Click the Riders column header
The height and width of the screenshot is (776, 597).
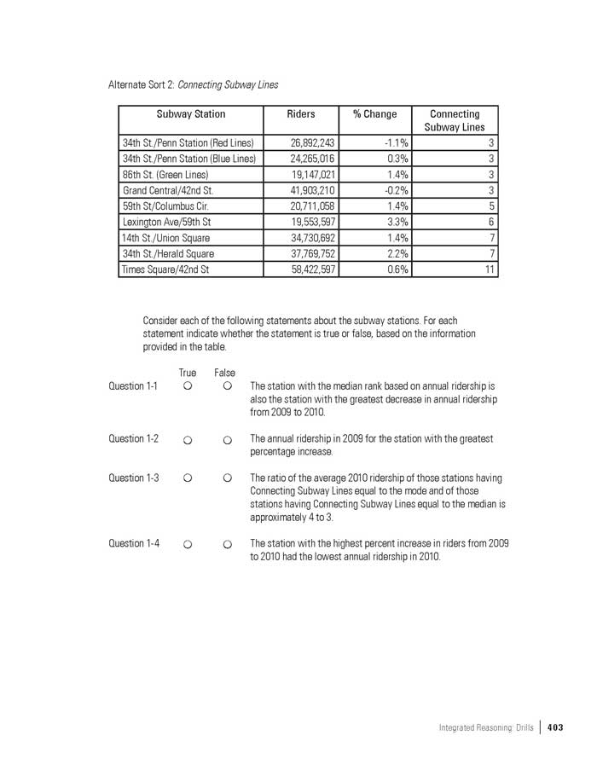[x=301, y=114]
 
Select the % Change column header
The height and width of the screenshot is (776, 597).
[x=374, y=114]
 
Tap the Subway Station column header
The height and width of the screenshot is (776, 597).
[x=191, y=114]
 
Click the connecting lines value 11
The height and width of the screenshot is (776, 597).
[x=490, y=269]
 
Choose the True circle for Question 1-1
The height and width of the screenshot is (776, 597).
[x=187, y=386]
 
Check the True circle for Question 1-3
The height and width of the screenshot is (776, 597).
[x=187, y=478]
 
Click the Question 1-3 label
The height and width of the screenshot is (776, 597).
[x=134, y=478]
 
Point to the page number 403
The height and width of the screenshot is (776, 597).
[x=555, y=727]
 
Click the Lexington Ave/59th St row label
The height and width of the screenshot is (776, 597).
[x=166, y=222]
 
